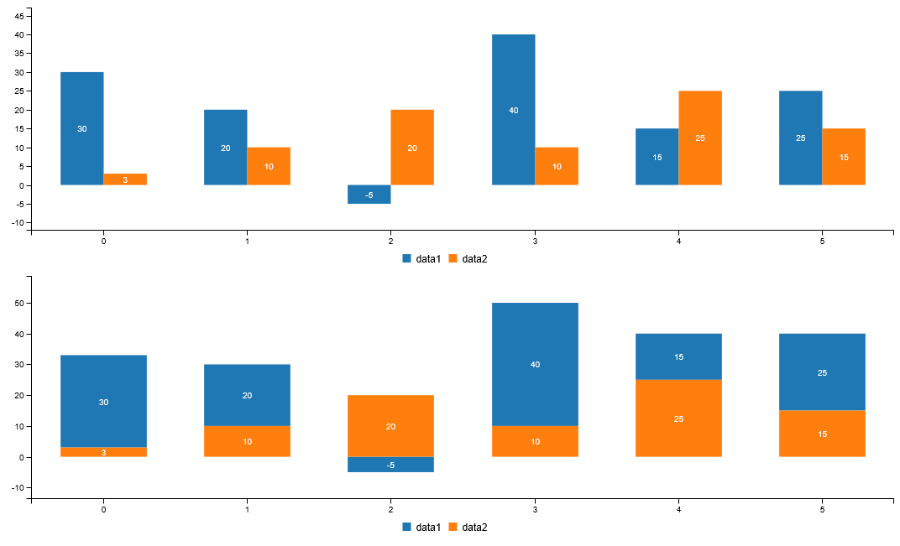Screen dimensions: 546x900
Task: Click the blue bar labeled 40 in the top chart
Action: (513, 110)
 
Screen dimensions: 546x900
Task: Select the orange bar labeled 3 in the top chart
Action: (125, 179)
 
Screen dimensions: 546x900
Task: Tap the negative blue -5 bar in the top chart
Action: (369, 195)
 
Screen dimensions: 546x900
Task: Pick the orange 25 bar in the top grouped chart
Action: (700, 138)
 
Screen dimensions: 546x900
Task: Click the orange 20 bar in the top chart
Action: (412, 148)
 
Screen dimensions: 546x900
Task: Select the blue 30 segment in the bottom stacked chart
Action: (103, 402)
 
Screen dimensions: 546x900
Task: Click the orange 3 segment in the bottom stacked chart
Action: (103, 452)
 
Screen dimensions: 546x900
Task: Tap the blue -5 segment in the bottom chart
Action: (390, 465)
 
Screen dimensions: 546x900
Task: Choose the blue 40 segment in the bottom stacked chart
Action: (535, 364)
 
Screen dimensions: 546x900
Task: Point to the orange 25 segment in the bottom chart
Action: (678, 418)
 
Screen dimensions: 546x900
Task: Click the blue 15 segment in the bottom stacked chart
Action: (678, 356)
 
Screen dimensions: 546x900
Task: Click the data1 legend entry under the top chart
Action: (421, 258)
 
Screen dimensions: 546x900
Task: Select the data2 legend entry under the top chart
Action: (468, 258)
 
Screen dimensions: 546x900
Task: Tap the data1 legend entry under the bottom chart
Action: (421, 527)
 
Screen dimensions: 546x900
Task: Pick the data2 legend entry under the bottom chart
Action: (468, 527)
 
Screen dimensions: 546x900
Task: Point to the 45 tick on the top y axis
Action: (18, 16)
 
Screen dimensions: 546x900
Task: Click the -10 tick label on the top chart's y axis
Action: (17, 223)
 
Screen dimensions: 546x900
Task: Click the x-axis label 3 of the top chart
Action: (535, 242)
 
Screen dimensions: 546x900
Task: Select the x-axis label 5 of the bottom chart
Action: (822, 509)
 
